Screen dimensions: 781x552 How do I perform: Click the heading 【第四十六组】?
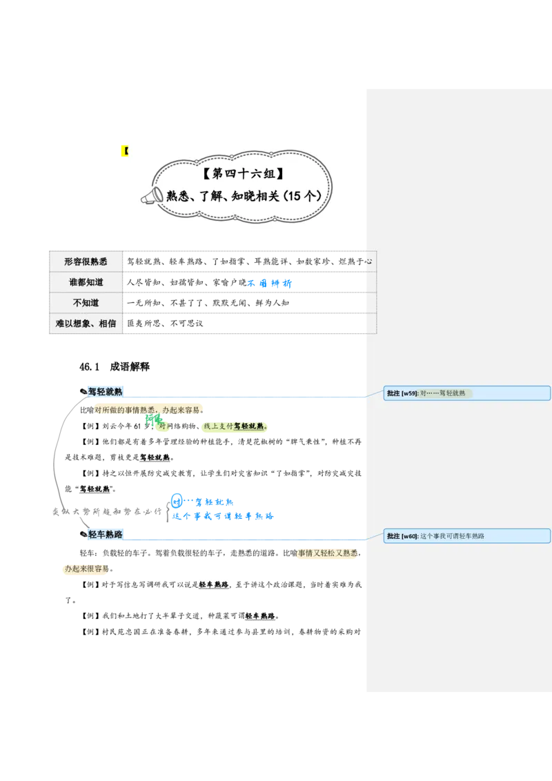pos(244,173)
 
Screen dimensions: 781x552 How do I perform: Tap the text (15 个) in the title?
pos(302,196)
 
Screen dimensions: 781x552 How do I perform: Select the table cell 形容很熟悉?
pos(86,261)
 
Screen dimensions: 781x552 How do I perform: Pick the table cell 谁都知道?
pos(86,282)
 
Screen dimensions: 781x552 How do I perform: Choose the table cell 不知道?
pos(86,303)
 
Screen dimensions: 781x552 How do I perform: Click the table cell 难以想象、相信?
pos(86,324)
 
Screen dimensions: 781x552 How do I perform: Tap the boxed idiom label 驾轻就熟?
pos(105,392)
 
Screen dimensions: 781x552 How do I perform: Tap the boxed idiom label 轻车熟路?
pos(105,534)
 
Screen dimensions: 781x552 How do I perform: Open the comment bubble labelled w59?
pos(466,393)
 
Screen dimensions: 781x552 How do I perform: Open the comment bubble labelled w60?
pos(466,536)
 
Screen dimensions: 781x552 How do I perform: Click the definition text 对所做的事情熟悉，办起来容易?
pos(148,410)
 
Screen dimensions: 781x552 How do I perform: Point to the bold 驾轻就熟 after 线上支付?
pos(249,426)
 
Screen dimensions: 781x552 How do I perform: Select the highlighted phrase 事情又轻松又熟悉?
pos(326,553)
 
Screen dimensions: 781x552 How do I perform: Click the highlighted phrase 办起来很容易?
pos(86,570)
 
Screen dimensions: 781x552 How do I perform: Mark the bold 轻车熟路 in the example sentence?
pos(213,584)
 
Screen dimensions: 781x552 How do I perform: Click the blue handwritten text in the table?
pos(270,283)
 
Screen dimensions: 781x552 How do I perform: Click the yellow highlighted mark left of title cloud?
pos(123,151)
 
